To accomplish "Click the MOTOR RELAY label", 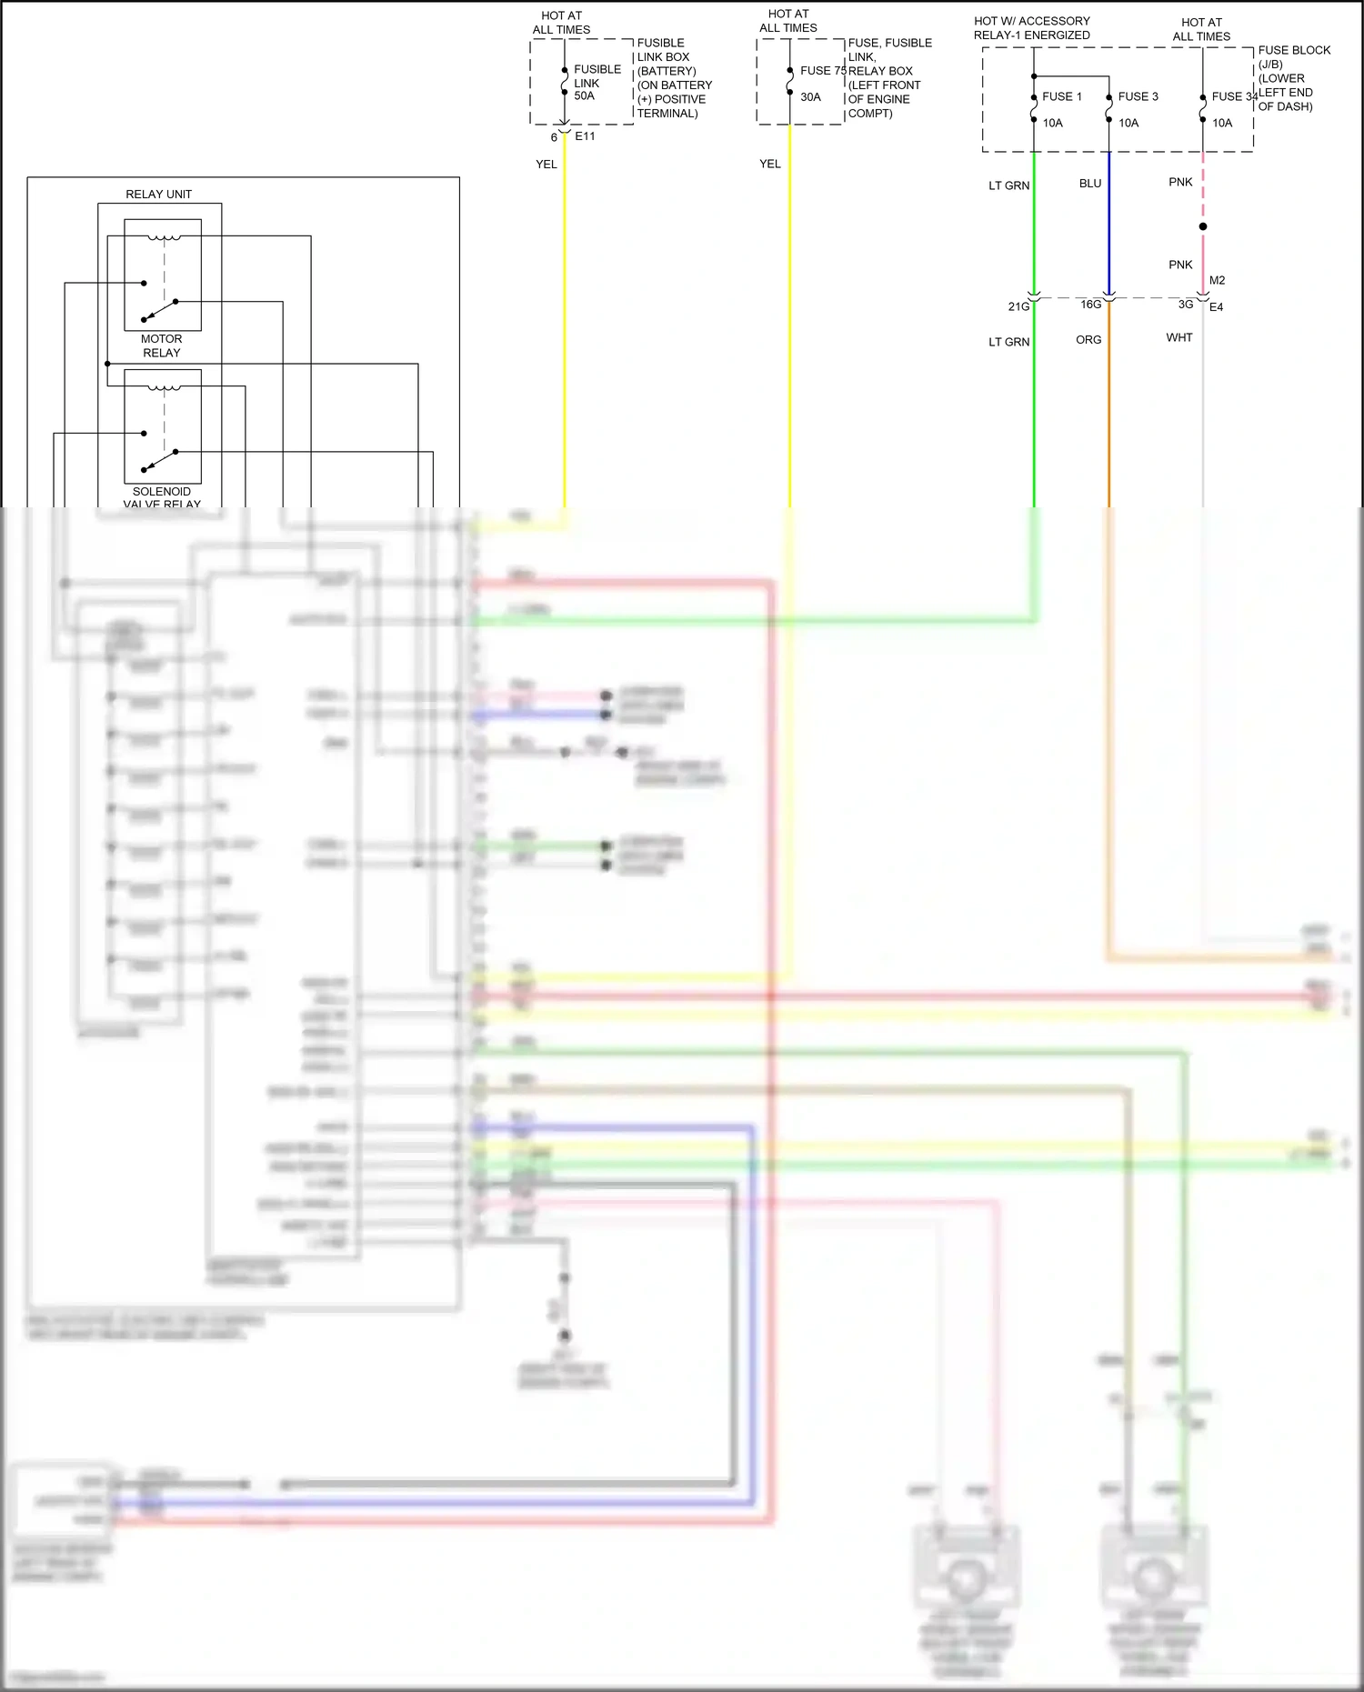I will tap(161, 345).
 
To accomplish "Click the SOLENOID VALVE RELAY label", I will tap(162, 497).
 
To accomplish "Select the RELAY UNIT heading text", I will tap(158, 194).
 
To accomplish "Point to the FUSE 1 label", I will tap(1061, 96).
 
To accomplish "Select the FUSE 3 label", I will tap(1138, 96).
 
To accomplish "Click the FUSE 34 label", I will tap(1234, 96).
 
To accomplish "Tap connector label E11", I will tap(585, 136).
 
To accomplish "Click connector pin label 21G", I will tap(1018, 306).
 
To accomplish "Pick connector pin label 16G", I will tap(1090, 304).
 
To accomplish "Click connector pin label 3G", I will tap(1185, 304).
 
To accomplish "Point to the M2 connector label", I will tap(1217, 280).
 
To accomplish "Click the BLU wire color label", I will tap(1089, 183).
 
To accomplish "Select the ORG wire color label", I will tap(1088, 339).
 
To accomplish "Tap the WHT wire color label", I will tap(1178, 337).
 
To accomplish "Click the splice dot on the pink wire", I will tap(1203, 226).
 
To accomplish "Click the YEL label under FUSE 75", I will tap(769, 164).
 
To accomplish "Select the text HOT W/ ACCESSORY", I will tap(1031, 21).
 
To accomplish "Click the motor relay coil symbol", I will tap(164, 238).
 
